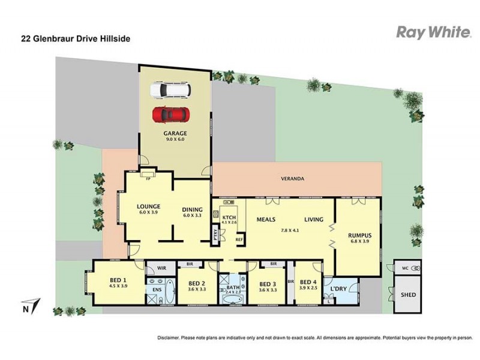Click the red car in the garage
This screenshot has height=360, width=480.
pos(170,112)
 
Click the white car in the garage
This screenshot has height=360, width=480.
pos(170,89)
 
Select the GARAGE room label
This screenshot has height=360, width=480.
pos(175,133)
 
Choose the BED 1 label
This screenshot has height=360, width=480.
pos(117,280)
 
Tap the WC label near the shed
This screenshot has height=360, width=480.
pos(404,268)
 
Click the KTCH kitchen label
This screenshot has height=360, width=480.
pos(229,217)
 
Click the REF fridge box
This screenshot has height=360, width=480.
pos(239,239)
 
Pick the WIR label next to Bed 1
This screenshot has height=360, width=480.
pos(161,268)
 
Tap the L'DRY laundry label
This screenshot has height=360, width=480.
pos(338,290)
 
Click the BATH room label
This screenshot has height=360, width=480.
pos(232,288)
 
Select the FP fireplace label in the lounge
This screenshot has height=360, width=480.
pos(148,178)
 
